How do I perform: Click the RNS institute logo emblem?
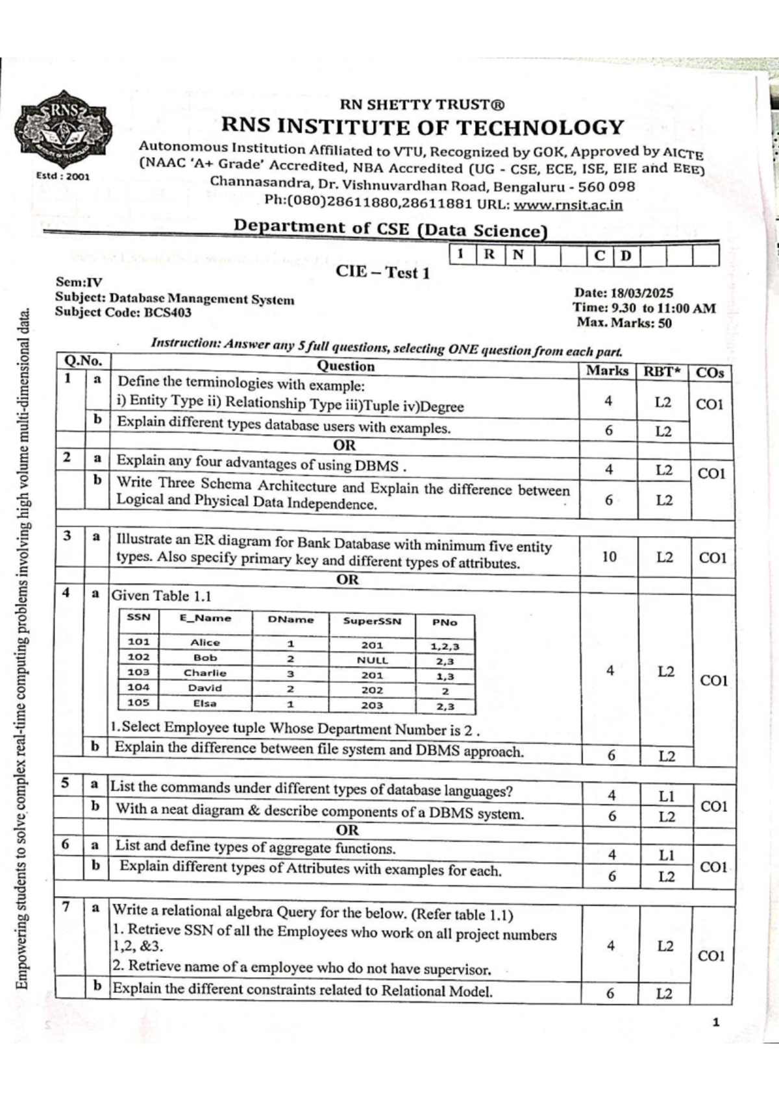point(64,128)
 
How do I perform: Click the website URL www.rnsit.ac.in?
point(568,205)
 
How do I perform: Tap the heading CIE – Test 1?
point(382,272)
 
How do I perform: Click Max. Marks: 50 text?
point(624,323)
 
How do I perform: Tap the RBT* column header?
point(662,372)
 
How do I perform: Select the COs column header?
point(710,373)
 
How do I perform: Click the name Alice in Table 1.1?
point(205,642)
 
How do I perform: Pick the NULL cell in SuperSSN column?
point(372,660)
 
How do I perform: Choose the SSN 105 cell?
point(138,702)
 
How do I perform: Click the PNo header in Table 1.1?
point(445,622)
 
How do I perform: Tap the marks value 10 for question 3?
point(609,556)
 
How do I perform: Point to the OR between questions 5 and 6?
point(347,829)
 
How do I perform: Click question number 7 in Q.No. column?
point(67,907)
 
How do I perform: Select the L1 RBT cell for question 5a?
point(666,796)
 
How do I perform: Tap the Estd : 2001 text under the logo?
point(63,176)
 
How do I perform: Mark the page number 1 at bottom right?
point(716,1023)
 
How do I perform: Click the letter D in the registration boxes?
point(625,255)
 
